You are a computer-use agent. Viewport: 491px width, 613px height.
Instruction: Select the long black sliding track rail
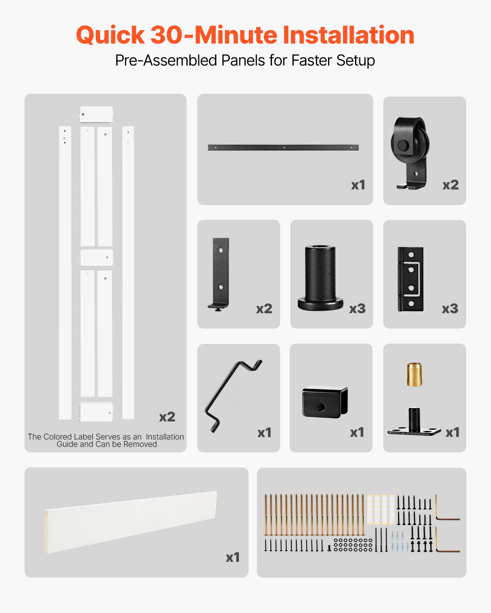coord(283,147)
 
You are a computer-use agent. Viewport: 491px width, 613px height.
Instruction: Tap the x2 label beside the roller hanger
coord(450,185)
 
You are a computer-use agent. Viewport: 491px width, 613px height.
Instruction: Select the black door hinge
coord(411,279)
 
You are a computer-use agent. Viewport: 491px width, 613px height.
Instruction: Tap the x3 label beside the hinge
coord(450,309)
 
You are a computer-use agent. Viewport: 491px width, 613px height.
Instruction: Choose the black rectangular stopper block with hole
coord(325,402)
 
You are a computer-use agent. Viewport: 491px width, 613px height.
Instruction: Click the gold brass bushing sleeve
coord(414,375)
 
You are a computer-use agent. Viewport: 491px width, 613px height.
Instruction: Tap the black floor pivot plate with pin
coord(414,425)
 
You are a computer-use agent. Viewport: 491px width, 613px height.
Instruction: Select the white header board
coord(131,522)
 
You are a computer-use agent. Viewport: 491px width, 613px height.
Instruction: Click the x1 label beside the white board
coord(232,557)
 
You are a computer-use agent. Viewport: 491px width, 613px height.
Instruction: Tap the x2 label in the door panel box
coord(167,417)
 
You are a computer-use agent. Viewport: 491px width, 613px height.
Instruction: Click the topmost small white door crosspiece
coord(96,114)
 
